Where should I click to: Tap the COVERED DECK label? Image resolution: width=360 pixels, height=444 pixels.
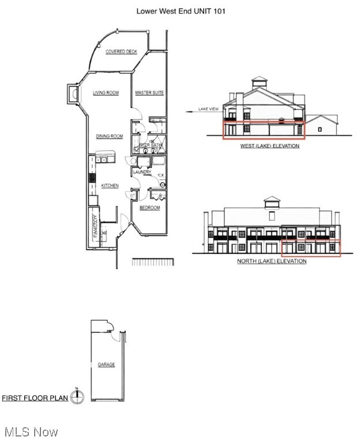coord(121,51)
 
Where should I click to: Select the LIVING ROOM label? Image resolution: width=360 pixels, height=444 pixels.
coord(106,92)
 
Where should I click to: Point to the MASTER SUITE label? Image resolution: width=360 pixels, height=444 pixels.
coord(150,92)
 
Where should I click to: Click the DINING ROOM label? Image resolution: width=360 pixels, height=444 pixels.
coord(109,136)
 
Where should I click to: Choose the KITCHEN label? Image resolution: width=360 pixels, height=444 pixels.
coord(110,186)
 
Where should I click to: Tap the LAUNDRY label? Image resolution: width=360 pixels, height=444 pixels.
coord(142,172)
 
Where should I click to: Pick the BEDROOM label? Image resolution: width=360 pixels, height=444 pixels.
coord(149,208)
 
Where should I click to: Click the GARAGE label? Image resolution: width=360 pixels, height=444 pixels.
coord(106,365)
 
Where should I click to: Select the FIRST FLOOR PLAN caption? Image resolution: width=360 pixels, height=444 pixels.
coord(35,398)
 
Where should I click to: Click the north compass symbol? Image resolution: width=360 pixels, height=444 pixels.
coord(77,396)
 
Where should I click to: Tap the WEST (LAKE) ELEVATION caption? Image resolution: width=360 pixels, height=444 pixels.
coord(270,146)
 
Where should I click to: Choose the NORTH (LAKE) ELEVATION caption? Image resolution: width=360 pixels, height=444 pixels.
coord(272,261)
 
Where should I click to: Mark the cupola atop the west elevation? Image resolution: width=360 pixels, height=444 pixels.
coord(259,82)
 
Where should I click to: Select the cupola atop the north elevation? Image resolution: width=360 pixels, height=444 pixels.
coord(272,202)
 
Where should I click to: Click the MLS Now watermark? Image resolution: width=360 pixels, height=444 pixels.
coord(30,432)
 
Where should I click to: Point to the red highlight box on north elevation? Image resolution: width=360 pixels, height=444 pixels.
coord(311,247)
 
